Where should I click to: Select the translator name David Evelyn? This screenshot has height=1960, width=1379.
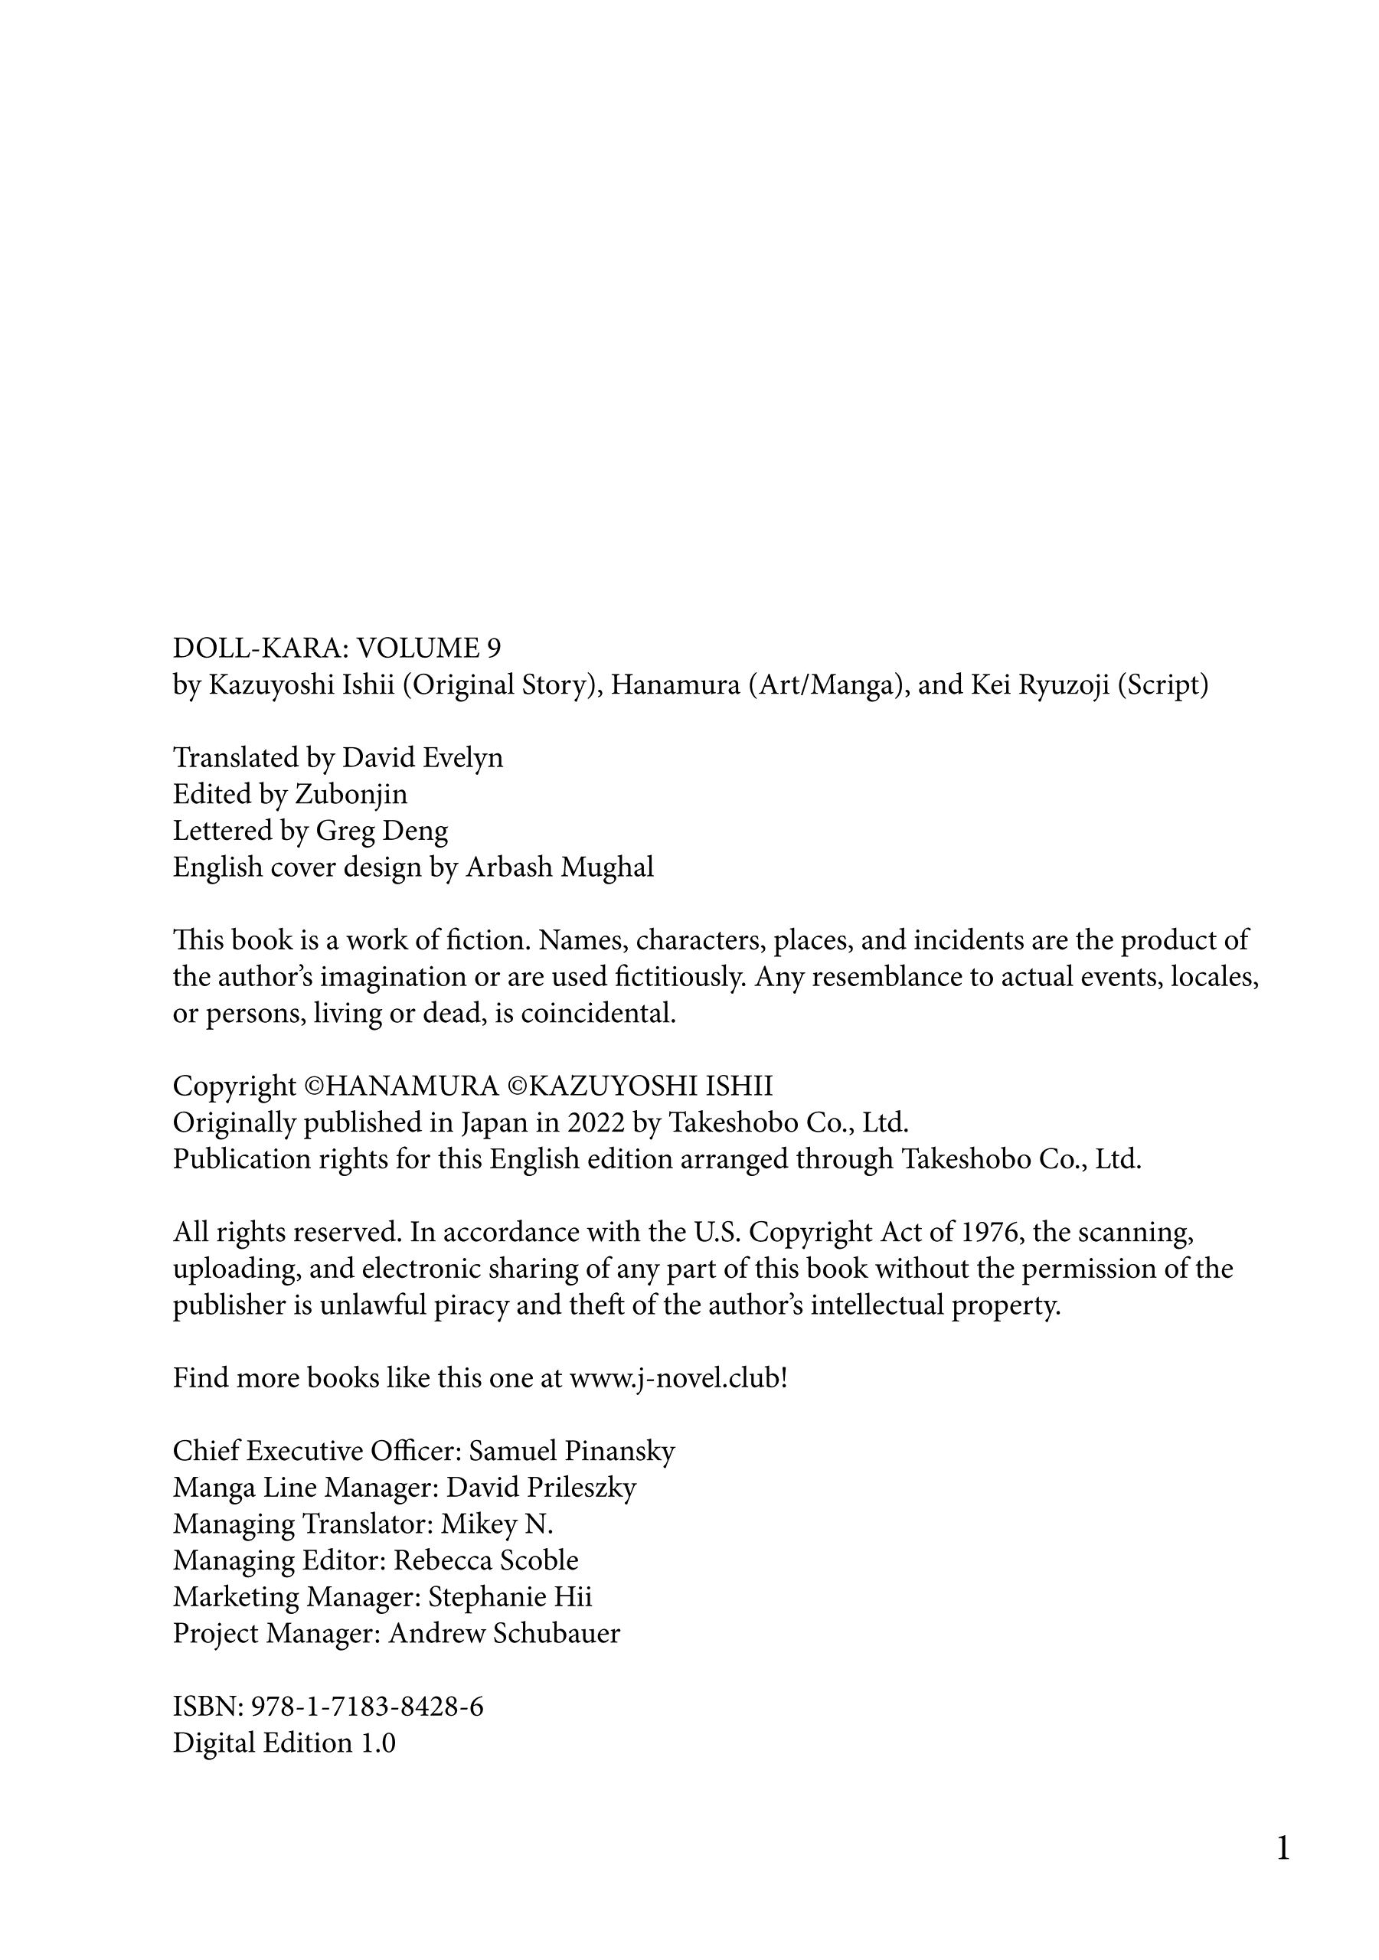pyautogui.click(x=423, y=758)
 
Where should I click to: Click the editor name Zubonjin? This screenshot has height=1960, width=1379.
pyautogui.click(x=351, y=795)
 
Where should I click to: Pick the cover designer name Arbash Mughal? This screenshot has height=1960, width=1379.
pyautogui.click(x=559, y=867)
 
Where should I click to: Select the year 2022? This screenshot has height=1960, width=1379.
pyautogui.click(x=596, y=1122)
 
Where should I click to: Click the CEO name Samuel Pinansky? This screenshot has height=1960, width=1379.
pyautogui.click(x=572, y=1451)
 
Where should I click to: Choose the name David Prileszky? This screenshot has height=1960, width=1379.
pyautogui.click(x=541, y=1488)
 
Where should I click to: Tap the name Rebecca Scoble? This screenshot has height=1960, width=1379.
pyautogui.click(x=486, y=1560)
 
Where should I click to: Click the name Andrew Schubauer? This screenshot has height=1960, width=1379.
pyautogui.click(x=504, y=1634)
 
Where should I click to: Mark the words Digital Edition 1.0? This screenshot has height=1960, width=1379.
pyautogui.click(x=284, y=1743)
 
